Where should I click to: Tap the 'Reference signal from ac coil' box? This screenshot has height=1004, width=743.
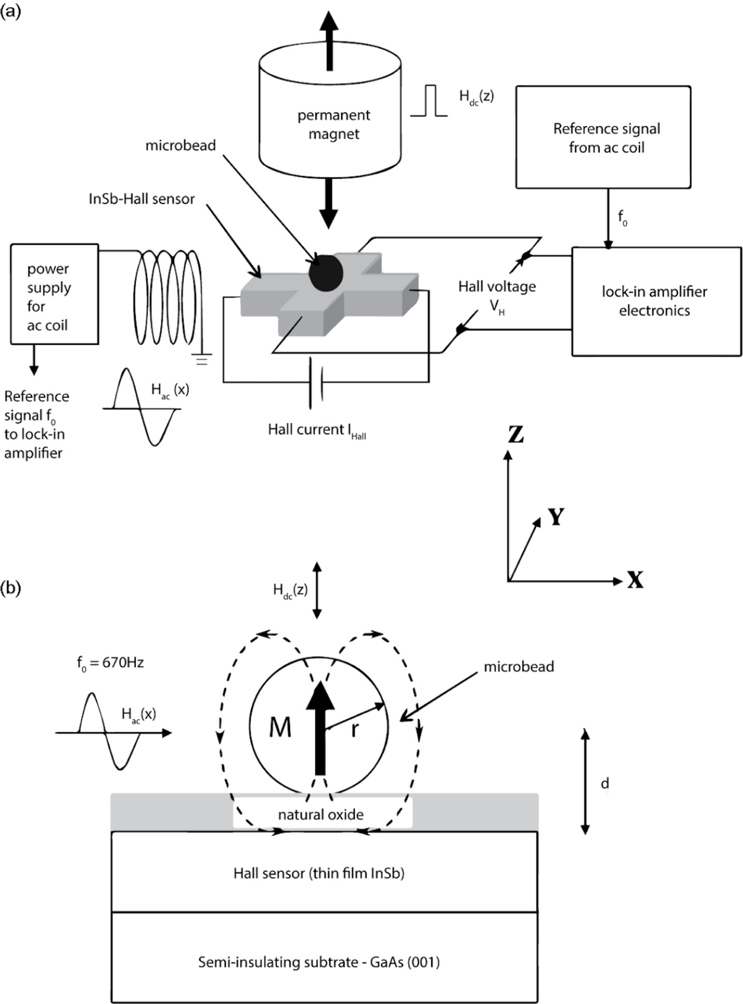[x=603, y=137]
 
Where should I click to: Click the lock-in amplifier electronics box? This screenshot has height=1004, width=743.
[x=656, y=301]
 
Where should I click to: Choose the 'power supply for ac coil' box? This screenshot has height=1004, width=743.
[x=54, y=294]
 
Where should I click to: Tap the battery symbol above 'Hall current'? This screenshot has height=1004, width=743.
[x=316, y=383]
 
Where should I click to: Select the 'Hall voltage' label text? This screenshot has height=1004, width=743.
[x=497, y=287]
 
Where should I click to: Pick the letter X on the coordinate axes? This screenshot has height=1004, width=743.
[x=635, y=581]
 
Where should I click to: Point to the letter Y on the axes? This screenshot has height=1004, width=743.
[x=556, y=517]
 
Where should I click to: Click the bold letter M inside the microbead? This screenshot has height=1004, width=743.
[x=280, y=728]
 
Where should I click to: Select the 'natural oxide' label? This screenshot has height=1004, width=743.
[x=320, y=815]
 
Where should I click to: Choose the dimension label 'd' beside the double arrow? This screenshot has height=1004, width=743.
[x=604, y=784]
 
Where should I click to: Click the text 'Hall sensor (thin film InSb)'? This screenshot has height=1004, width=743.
[x=319, y=874]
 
